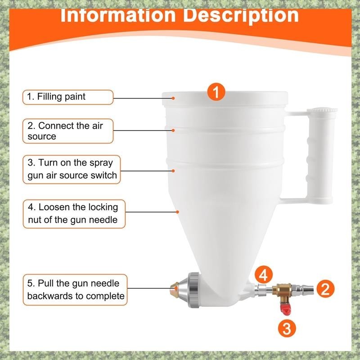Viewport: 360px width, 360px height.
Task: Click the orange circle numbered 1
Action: coord(216,92)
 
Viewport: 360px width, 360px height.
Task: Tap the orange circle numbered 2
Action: coord(325,288)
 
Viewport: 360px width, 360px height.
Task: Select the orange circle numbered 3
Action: coord(287,328)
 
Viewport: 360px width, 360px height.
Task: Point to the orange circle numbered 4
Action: coord(263,274)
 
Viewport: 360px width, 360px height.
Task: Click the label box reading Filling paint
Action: coord(68,97)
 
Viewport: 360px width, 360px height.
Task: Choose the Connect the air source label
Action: coord(68,131)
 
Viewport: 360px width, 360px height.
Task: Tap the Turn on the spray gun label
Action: coord(72,170)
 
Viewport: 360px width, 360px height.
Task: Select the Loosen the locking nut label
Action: coord(74,214)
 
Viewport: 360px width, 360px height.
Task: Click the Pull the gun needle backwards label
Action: coord(75,289)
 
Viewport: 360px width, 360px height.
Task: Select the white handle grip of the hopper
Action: coord(320,156)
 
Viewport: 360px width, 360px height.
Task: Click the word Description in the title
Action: coord(241,16)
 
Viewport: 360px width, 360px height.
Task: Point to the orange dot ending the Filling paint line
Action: coord(173,98)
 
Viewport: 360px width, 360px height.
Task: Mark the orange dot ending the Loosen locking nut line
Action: coord(177,212)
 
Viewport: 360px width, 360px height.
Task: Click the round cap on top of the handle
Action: coord(322,110)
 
